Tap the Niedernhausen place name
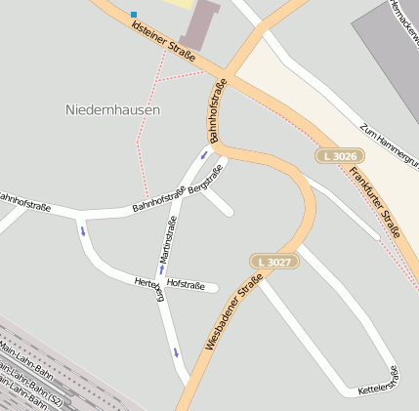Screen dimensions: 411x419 [x=112, y=110]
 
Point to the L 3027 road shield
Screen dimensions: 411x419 [x=273, y=262]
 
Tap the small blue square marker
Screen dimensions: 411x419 [x=134, y=15]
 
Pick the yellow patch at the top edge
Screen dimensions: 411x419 [x=180, y=4]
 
